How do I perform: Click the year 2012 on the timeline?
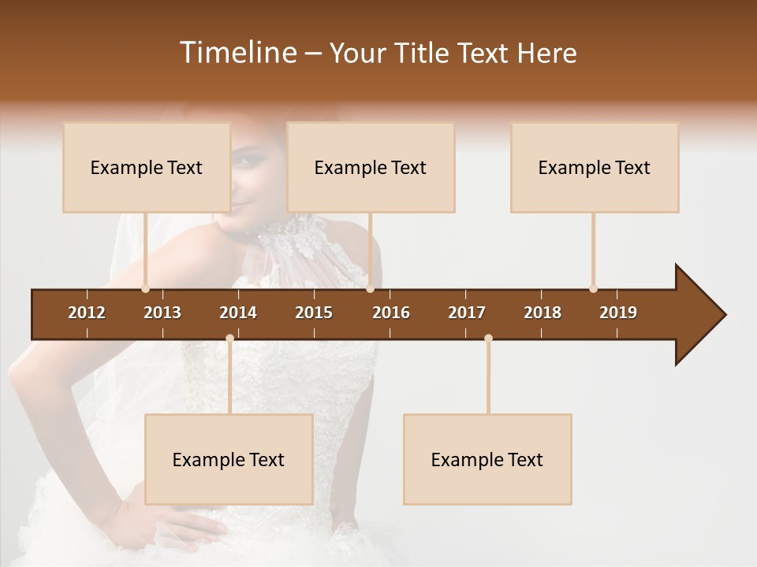click(x=87, y=313)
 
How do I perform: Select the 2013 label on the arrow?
click(x=162, y=313)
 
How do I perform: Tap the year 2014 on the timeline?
click(x=238, y=313)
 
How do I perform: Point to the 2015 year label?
click(x=314, y=313)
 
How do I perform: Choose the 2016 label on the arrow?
click(x=391, y=313)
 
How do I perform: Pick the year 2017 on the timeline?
click(x=467, y=313)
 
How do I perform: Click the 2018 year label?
click(x=543, y=313)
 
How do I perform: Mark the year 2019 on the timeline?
click(x=618, y=313)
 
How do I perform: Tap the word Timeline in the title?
click(x=237, y=53)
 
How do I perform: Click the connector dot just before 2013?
click(x=145, y=288)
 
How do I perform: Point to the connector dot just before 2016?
click(x=370, y=288)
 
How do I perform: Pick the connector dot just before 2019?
click(x=593, y=288)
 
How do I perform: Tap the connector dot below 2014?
click(x=229, y=339)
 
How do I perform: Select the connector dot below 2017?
click(x=488, y=339)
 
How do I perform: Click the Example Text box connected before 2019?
click(x=595, y=167)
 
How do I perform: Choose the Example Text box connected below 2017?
click(x=487, y=459)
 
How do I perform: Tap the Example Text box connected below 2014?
click(x=229, y=459)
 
